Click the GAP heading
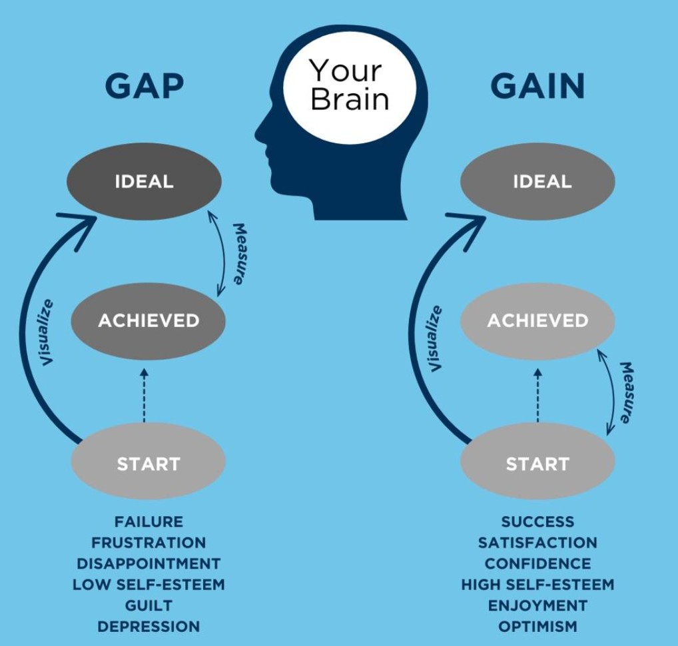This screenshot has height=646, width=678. [x=145, y=86]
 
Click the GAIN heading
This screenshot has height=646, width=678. [x=537, y=86]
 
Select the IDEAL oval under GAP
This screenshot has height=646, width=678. [x=145, y=181]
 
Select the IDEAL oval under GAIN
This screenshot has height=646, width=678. [x=537, y=181]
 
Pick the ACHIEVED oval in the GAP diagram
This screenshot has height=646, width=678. [x=149, y=320]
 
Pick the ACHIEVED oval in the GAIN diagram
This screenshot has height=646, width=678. [x=537, y=320]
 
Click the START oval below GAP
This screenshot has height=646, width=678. [x=149, y=464]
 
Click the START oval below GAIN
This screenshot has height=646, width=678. [x=537, y=464]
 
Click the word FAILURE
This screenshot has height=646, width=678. [x=149, y=521]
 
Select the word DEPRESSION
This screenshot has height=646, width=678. [x=149, y=627]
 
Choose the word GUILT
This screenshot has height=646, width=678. [x=149, y=605]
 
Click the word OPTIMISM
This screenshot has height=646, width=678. [x=537, y=627]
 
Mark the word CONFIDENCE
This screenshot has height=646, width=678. [x=537, y=563]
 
